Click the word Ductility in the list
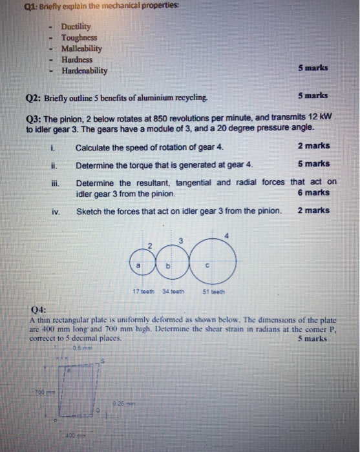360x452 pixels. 76,28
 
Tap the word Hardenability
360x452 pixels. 84,71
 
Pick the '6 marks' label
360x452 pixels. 313,192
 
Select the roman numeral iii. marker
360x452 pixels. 55,183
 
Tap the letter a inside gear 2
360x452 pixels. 137,265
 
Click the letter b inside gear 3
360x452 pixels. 167,265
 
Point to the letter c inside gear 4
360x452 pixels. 206,265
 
